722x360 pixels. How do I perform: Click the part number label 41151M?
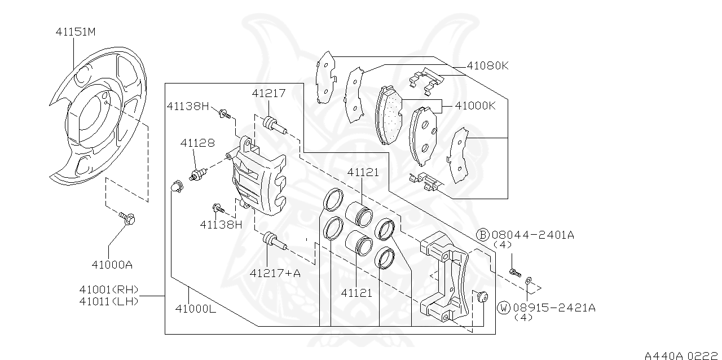coord(76,32)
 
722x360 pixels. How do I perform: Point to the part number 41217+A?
coord(275,273)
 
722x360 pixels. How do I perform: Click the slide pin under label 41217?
coord(272,124)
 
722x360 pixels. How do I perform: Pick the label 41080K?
coord(487,65)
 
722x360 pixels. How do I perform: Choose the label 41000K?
coord(475,106)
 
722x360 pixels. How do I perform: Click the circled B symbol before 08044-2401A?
coord(483,235)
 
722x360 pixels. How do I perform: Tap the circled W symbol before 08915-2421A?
coord(504,308)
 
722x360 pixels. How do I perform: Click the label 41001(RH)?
coord(108,290)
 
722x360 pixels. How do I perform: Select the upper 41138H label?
coord(188,106)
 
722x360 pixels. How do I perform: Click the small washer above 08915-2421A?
coord(529,280)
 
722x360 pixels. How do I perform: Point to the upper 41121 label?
coord(363,172)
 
